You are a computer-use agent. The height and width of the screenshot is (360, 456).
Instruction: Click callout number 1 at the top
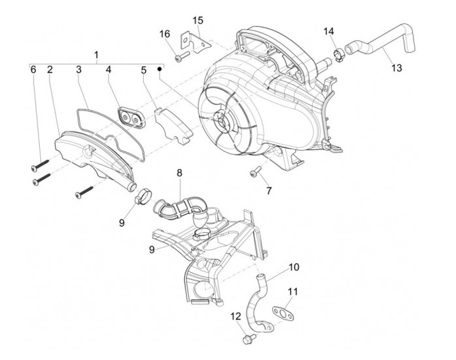tap(96, 55)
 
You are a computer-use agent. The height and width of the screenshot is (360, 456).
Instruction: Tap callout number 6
tap(33, 70)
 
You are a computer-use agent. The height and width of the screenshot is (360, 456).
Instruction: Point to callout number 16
tap(165, 33)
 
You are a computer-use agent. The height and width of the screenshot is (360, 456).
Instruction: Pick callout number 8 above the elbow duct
tap(179, 172)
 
